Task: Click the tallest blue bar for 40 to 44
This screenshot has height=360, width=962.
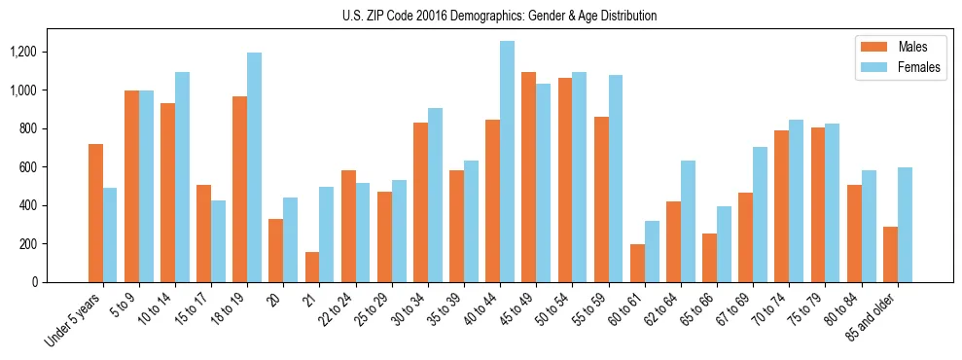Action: pos(507,162)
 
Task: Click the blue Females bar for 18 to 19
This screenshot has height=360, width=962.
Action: pos(254,167)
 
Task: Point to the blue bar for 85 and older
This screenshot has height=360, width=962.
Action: pos(905,225)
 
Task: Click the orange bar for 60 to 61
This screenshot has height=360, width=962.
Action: pos(637,264)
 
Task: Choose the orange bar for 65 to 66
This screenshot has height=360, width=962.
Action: pos(709,258)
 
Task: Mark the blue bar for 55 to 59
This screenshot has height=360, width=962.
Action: pos(616,179)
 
